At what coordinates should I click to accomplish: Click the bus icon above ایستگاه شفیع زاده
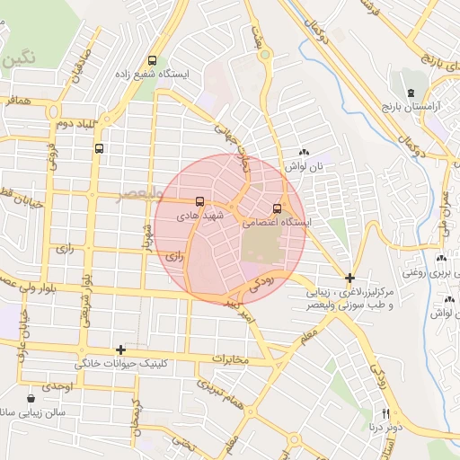click(152, 60)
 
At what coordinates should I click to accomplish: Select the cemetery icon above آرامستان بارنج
click(411, 93)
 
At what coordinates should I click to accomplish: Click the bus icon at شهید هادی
click(199, 201)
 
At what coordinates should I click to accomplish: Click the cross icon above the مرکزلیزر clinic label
click(349, 279)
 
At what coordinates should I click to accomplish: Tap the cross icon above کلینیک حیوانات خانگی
click(120, 349)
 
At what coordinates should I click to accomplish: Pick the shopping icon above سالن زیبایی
click(31, 398)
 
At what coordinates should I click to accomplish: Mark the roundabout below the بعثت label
click(264, 55)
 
